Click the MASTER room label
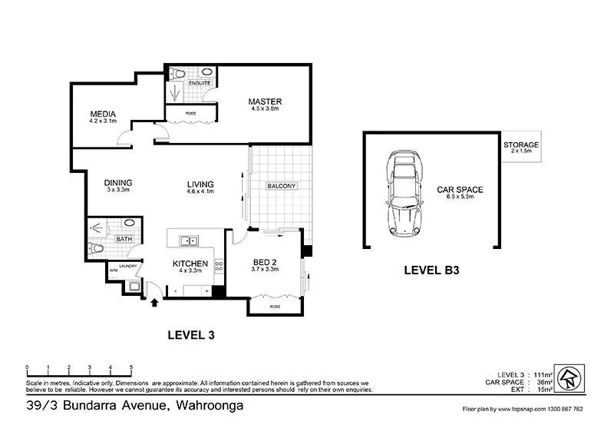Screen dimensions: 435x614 point(266,101)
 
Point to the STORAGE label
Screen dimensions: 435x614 point(521,144)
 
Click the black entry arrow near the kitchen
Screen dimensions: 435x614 point(156,302)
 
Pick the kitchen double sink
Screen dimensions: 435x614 point(189,241)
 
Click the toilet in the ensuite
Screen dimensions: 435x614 point(178,74)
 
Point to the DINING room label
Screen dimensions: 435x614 point(118,183)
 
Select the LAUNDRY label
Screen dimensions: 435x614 point(127,266)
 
